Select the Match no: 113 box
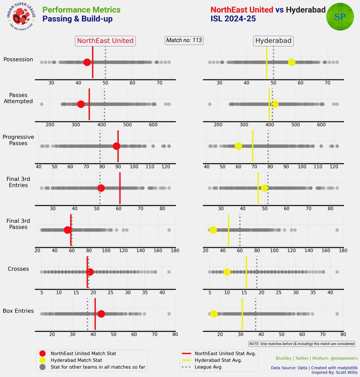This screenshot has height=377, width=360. coord(184,40)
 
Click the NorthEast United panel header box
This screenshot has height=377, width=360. coord(105,41)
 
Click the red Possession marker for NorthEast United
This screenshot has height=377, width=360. coord(87,63)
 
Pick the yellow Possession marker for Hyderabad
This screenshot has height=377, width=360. coord(291,63)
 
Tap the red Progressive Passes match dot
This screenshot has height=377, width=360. coord(116,146)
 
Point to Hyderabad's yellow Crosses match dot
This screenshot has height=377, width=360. coord(227,272)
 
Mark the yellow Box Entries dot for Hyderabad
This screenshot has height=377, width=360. coord(214,314)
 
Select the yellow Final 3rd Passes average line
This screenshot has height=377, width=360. coord(229,230)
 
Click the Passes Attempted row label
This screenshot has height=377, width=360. coord(18,98)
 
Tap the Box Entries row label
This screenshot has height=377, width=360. coord(18,311)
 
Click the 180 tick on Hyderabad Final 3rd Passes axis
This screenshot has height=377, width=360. coord(343,250)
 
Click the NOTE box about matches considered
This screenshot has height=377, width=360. coord(302,343)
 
